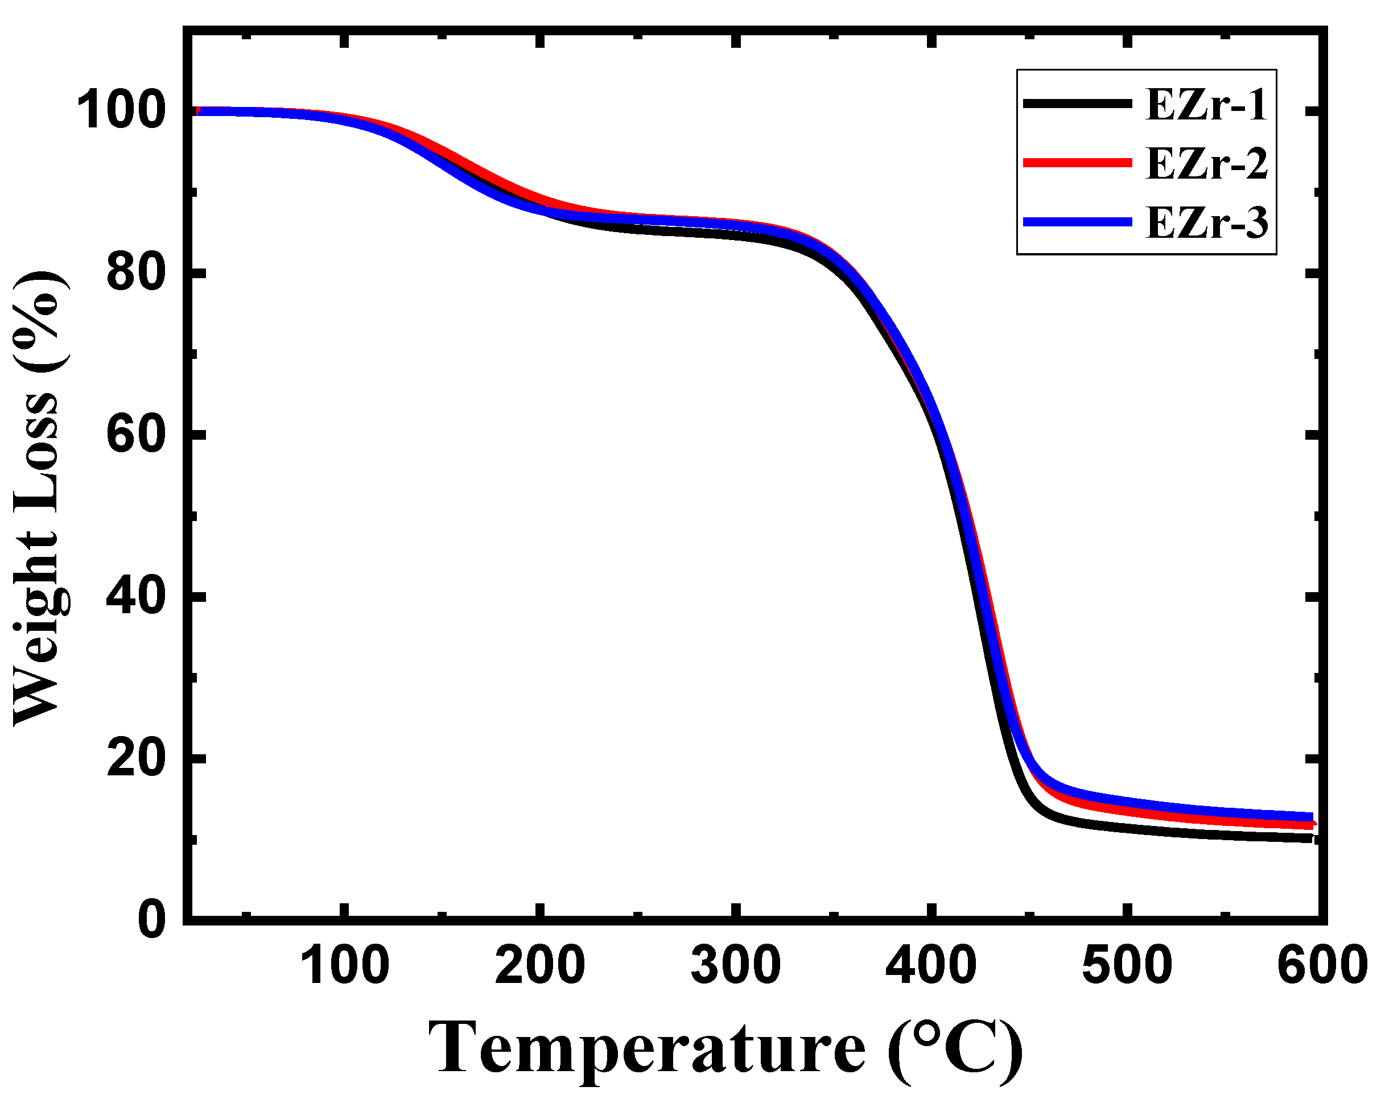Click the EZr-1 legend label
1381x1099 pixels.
pos(1206,105)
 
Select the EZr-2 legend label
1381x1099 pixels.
pos(1206,163)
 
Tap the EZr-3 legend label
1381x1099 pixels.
pos(1206,222)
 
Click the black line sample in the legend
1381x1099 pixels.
pos(1077,103)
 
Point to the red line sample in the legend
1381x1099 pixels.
pos(1077,163)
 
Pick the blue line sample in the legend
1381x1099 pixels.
pos(1077,222)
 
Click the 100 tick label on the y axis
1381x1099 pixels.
pos(121,111)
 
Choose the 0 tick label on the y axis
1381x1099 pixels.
pos(152,920)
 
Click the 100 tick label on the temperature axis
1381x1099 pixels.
pos(345,965)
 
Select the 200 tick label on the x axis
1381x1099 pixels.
pos(540,965)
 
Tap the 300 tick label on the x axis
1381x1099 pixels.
pos(735,965)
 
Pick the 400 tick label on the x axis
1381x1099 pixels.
pos(931,965)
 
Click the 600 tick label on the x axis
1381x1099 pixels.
pos(1321,965)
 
